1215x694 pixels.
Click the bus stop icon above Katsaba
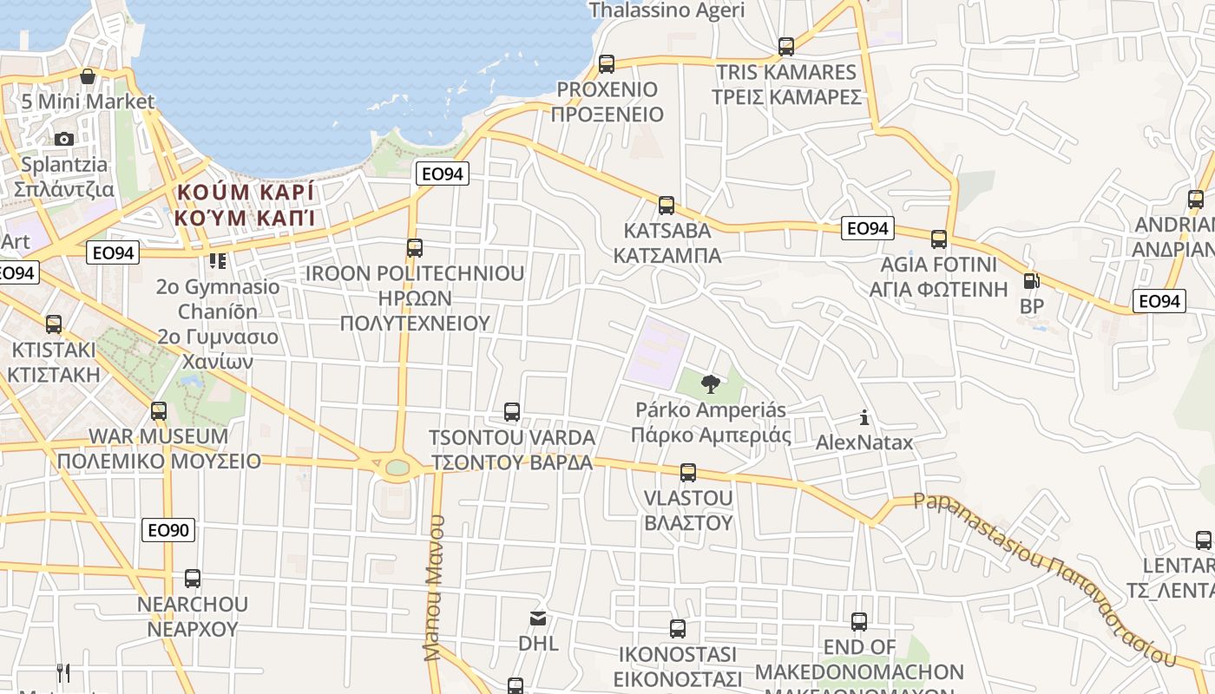click(x=667, y=206)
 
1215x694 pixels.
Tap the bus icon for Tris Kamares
click(x=786, y=47)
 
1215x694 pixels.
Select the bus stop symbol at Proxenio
click(x=607, y=64)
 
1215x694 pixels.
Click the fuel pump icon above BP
click(x=1031, y=281)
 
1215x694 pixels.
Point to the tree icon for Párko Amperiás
click(x=711, y=383)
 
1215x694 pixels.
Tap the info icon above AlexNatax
click(x=864, y=418)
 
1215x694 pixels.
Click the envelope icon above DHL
click(x=538, y=619)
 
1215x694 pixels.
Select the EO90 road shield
click(x=169, y=529)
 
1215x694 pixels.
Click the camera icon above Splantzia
click(x=64, y=139)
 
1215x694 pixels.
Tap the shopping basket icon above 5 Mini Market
click(x=88, y=76)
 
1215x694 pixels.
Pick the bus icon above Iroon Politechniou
click(x=415, y=248)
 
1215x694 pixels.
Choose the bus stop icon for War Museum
click(x=159, y=411)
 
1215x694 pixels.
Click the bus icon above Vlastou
click(x=688, y=473)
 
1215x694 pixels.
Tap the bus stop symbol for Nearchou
click(x=193, y=579)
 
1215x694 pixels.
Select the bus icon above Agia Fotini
click(x=939, y=239)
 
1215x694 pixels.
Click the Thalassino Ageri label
click(x=667, y=10)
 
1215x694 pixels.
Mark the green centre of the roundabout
click(x=397, y=468)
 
